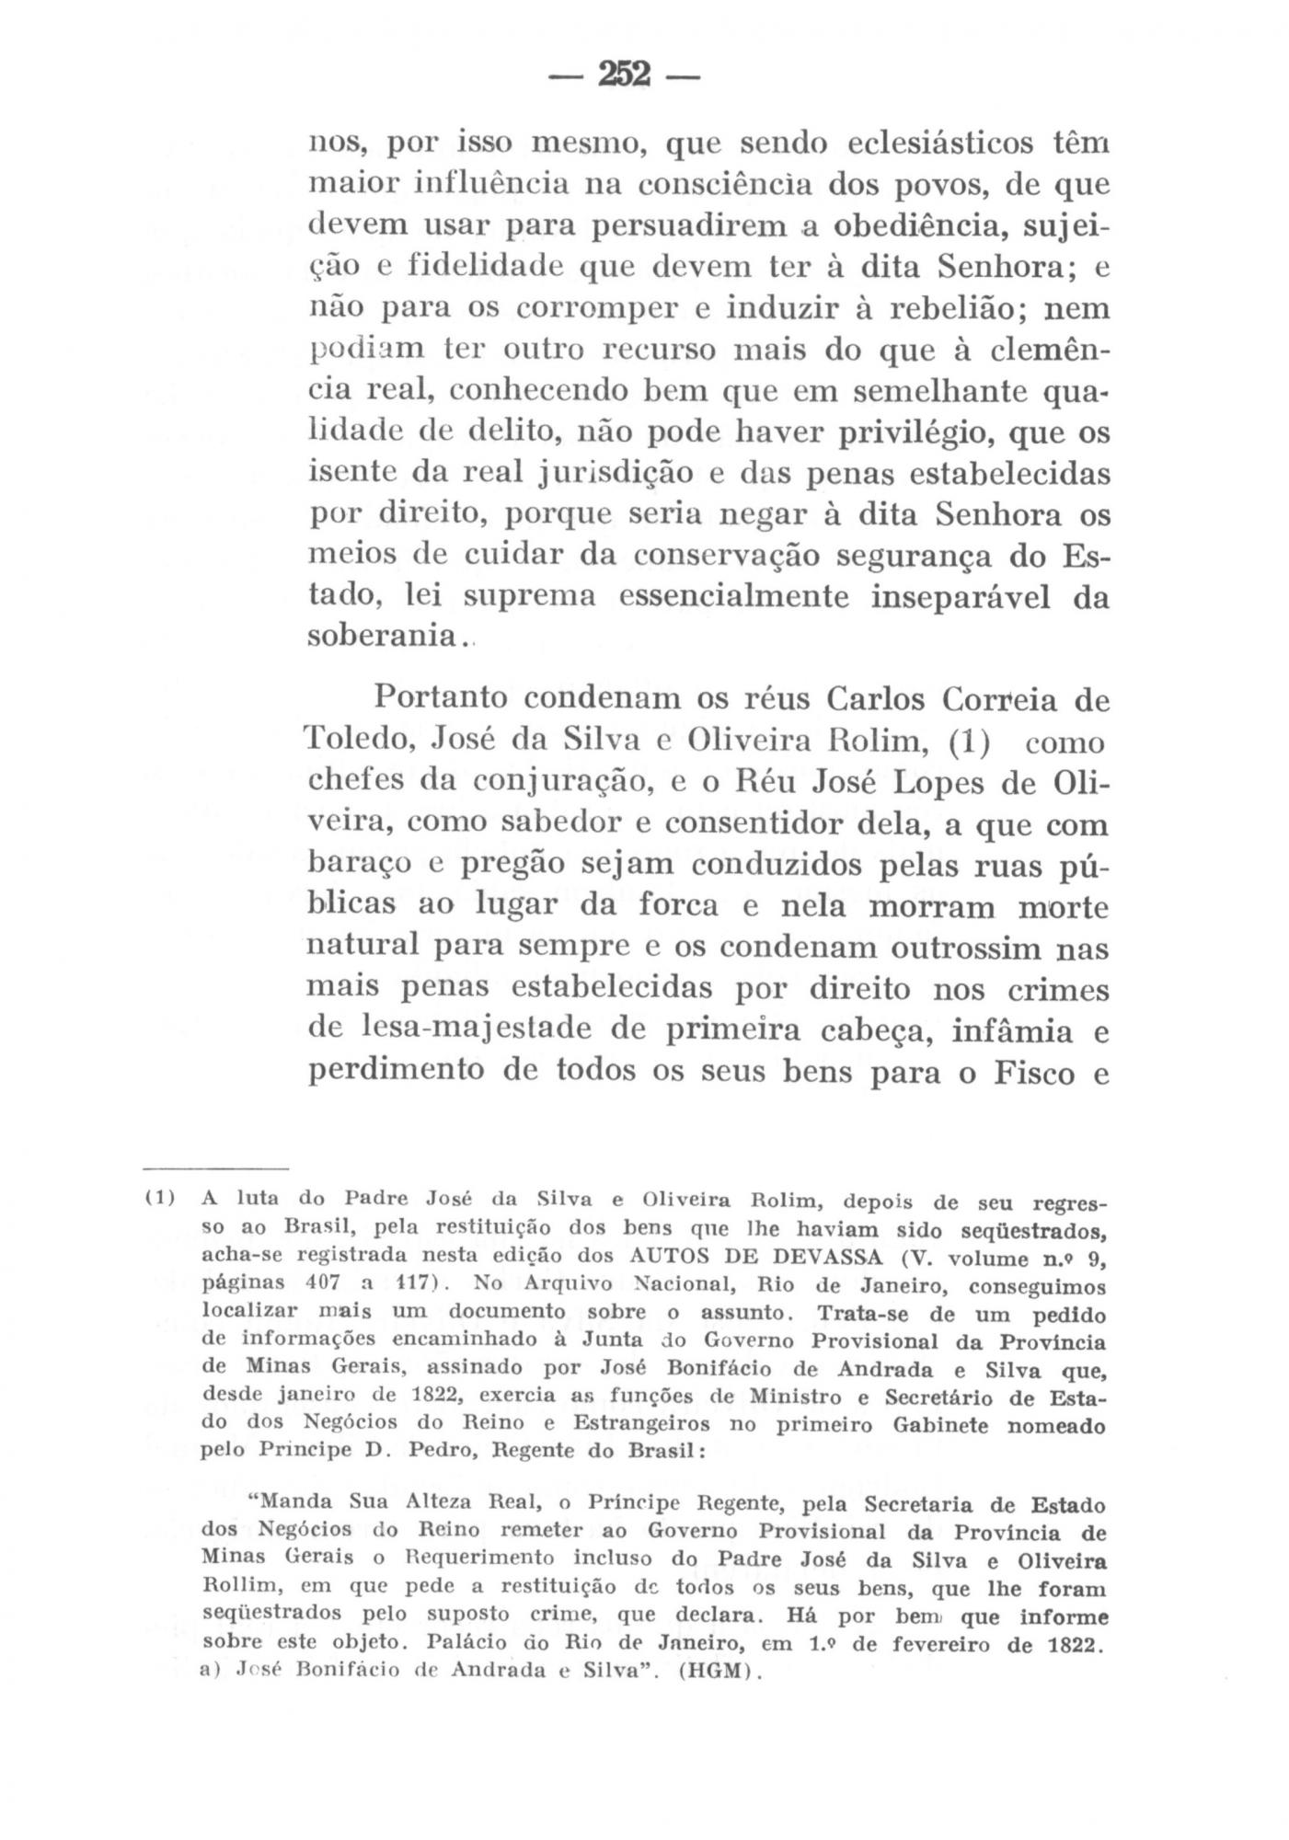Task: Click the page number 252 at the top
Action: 624,74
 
